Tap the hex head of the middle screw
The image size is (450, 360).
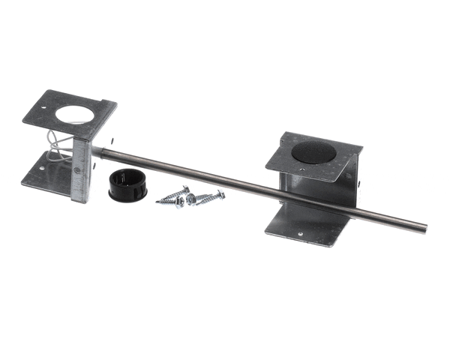pos(190,199)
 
